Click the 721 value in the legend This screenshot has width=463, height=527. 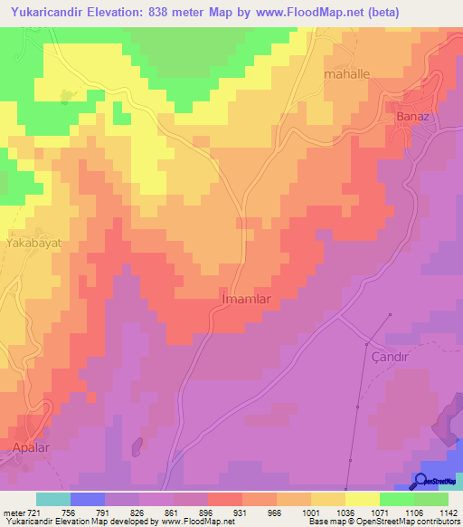pos(33,512)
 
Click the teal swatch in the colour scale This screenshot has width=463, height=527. pos(53,499)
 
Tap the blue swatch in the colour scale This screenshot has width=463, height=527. pos(88,499)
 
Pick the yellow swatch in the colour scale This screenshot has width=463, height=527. pos(362,499)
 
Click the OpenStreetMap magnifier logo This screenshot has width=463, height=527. pos(420,483)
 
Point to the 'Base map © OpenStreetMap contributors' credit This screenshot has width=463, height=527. pos(383,522)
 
